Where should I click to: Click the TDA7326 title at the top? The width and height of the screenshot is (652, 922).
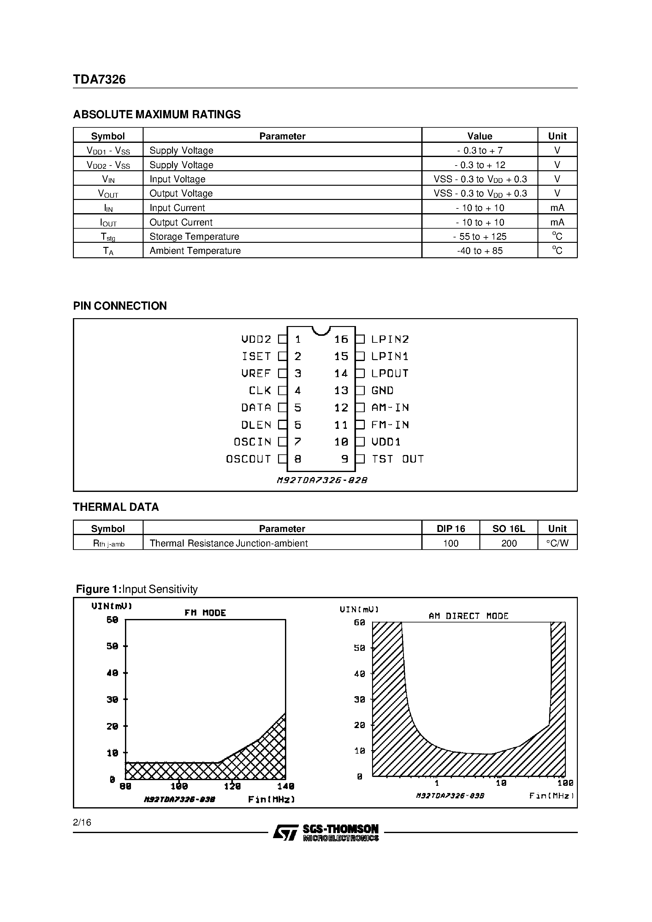99,79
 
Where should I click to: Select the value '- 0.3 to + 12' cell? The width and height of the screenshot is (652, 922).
480,165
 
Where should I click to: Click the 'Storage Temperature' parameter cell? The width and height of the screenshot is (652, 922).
194,236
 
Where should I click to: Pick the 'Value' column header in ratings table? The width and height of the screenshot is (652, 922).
480,136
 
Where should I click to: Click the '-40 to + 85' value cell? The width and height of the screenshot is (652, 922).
480,251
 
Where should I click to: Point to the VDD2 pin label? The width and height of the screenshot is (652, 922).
256,339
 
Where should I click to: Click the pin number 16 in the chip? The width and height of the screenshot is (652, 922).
341,339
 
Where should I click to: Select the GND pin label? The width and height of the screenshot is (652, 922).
382,390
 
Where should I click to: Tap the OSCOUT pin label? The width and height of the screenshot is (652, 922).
248,459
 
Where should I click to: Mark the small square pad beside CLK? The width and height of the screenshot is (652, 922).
282,390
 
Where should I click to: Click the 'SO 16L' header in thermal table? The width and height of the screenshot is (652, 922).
508,529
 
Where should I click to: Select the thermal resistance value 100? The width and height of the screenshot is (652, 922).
451,543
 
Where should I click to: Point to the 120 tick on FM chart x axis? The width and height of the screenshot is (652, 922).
232,786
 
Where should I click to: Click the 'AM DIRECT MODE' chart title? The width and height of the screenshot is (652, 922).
468,616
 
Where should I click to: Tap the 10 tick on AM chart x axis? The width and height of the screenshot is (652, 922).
501,783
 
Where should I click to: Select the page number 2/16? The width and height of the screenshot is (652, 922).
82,822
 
